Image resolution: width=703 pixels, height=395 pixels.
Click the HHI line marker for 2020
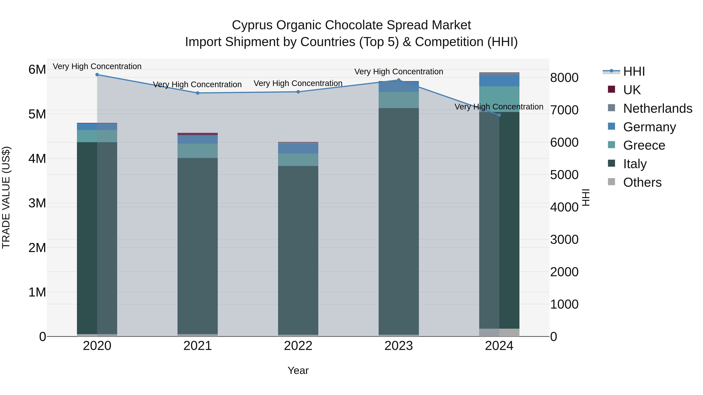[97, 75]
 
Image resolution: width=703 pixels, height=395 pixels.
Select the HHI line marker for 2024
[499, 115]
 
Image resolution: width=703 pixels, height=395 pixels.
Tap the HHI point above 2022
[298, 92]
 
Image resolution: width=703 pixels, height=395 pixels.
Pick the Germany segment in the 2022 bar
[298, 149]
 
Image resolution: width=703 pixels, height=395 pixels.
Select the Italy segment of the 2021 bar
[198, 245]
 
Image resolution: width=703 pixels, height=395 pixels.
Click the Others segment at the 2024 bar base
[499, 332]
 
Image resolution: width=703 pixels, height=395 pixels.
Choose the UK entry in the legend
[632, 90]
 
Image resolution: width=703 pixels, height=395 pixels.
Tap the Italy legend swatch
[612, 164]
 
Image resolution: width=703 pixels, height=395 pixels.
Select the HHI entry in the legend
[634, 71]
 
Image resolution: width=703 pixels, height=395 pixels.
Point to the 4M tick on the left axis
[37, 159]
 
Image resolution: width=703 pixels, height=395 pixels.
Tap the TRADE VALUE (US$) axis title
[6, 197]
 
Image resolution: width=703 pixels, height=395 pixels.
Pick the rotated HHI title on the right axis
[586, 197]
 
